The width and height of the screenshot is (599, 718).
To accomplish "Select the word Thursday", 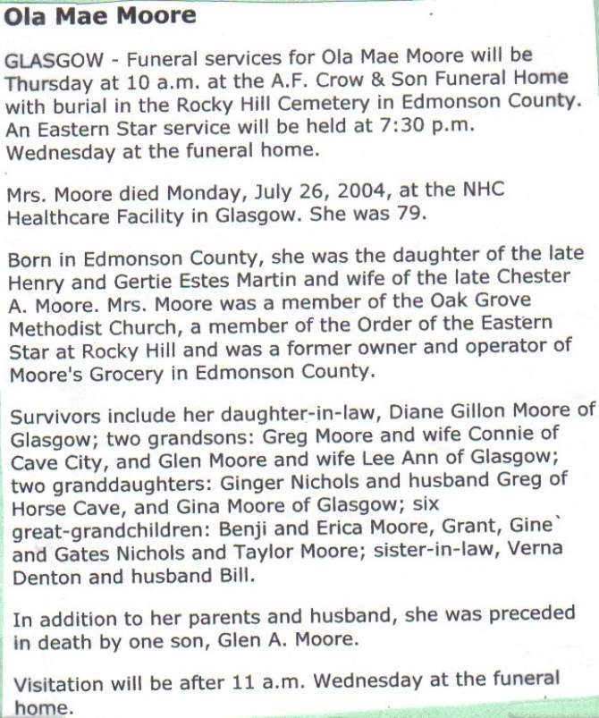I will pos(47,81).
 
